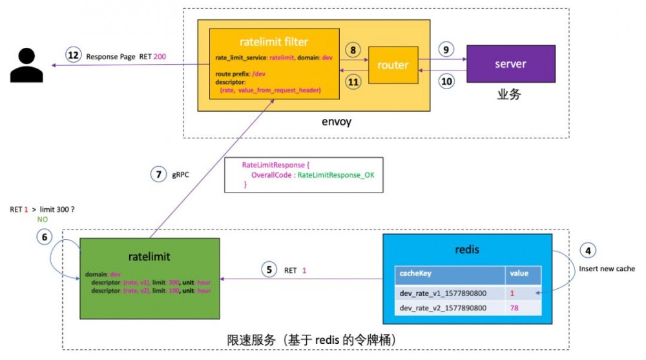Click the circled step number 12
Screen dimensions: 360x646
click(x=74, y=56)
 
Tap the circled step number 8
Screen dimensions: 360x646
click(x=352, y=50)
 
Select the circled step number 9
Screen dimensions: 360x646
click(x=445, y=49)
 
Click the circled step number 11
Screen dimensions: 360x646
click(x=352, y=82)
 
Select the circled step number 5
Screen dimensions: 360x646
click(x=269, y=269)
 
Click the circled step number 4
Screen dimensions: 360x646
click(x=587, y=251)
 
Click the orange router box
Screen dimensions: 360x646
click(x=393, y=65)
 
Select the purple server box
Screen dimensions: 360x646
click(x=510, y=64)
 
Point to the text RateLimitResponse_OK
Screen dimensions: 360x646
click(x=337, y=175)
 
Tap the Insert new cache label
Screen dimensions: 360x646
click(x=607, y=268)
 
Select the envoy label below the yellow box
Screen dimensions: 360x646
click(x=336, y=122)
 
